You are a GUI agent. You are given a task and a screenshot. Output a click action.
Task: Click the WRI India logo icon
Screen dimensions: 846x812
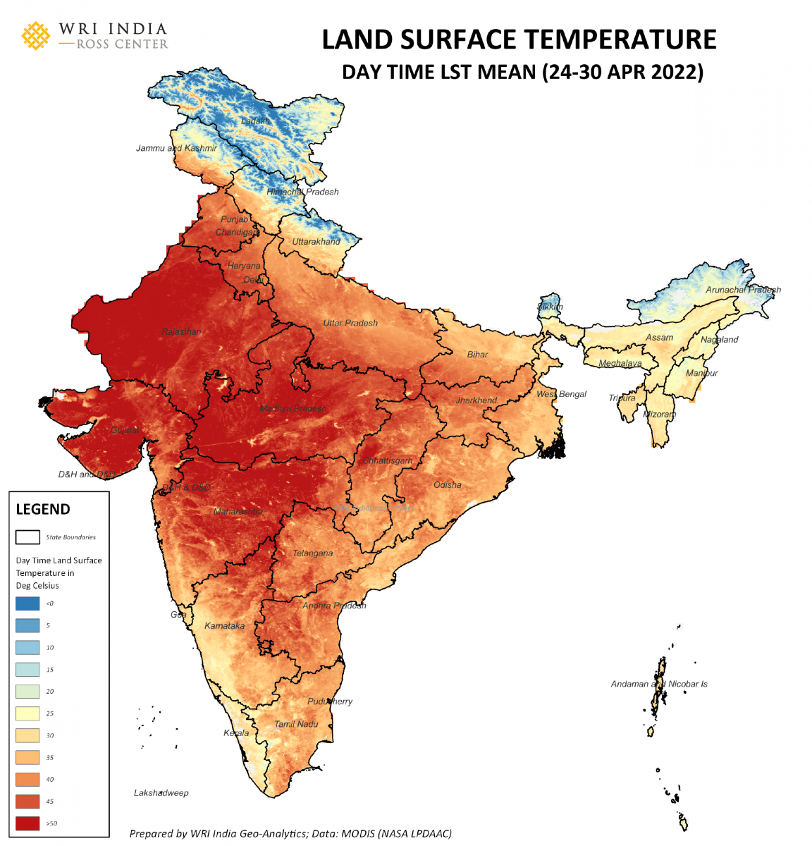click(36, 35)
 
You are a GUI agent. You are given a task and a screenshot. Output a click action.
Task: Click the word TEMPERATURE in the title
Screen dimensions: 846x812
click(613, 39)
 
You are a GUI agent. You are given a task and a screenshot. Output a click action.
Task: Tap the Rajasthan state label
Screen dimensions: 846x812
click(181, 331)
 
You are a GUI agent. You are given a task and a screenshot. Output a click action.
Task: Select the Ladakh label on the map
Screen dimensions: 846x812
click(255, 121)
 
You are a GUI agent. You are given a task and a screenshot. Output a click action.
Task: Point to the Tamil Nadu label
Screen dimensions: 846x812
click(296, 724)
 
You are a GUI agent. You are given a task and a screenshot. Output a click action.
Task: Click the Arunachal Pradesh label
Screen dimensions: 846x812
click(743, 290)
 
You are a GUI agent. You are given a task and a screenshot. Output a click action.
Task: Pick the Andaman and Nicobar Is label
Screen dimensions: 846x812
click(659, 684)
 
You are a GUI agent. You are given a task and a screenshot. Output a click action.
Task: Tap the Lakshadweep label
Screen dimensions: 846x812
click(161, 793)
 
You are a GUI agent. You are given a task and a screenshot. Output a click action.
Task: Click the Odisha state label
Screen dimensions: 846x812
click(448, 485)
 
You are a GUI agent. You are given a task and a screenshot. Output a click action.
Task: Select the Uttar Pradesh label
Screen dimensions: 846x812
click(350, 323)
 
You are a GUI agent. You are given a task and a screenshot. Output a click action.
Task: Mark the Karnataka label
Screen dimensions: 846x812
click(225, 626)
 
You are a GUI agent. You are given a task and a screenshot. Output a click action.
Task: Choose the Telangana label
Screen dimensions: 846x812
click(312, 553)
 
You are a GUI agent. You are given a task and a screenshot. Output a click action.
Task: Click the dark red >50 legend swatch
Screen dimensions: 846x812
click(27, 823)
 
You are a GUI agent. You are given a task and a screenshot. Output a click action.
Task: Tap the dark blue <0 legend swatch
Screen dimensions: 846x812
click(27, 603)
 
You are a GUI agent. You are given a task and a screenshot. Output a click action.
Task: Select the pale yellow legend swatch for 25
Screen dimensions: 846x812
click(27, 713)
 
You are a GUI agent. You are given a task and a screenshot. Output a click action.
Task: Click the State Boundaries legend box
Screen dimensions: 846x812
click(27, 537)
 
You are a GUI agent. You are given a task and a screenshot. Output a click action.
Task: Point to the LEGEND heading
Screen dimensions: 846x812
click(43, 509)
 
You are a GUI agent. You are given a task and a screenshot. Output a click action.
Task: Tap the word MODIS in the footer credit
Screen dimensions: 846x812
click(358, 833)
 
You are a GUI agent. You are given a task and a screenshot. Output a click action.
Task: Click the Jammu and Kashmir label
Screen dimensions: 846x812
click(176, 148)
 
